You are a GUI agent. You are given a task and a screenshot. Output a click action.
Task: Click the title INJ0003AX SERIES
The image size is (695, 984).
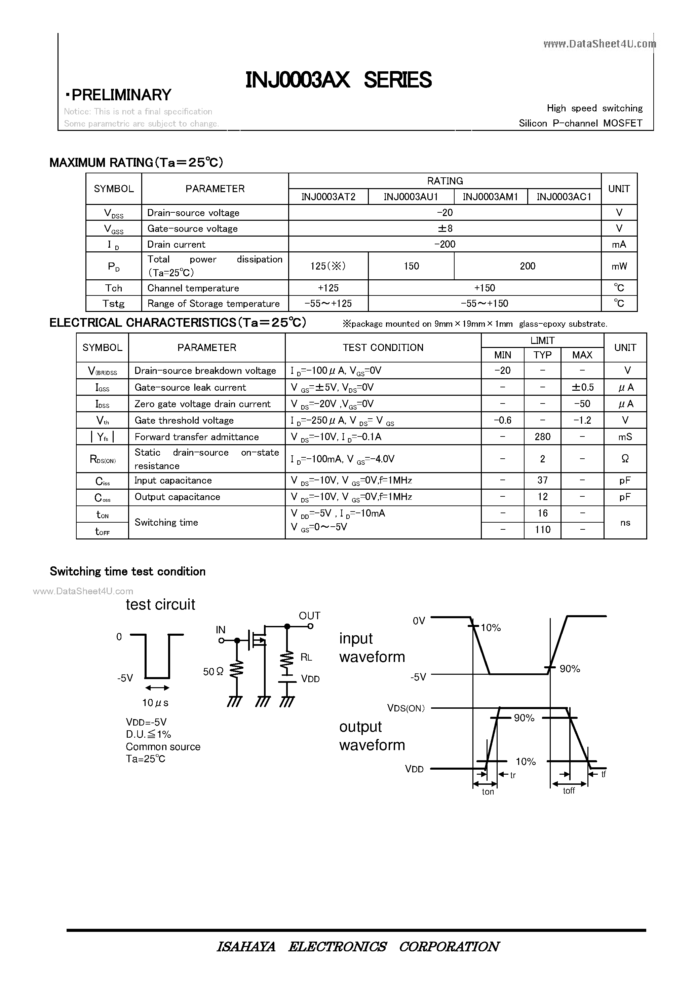pyautogui.click(x=338, y=80)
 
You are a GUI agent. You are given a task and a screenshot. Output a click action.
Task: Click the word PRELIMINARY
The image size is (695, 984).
pyautogui.click(x=121, y=95)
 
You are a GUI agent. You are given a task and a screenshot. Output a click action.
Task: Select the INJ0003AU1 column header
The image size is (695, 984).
pyautogui.click(x=411, y=197)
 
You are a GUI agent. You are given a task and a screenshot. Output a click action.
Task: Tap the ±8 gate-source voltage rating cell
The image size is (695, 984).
pyautogui.click(x=445, y=229)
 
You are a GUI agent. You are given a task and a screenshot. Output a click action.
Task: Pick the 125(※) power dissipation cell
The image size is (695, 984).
pyautogui.click(x=328, y=266)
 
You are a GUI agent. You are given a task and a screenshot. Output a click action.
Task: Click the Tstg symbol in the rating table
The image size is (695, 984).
pyautogui.click(x=113, y=304)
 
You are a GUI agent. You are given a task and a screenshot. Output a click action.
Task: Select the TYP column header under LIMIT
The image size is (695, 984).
pyautogui.click(x=542, y=355)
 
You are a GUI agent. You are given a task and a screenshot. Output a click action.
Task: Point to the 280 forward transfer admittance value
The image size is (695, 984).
pyautogui.click(x=542, y=437)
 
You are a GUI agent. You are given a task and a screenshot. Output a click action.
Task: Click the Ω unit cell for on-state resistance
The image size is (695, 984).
pyautogui.click(x=625, y=459)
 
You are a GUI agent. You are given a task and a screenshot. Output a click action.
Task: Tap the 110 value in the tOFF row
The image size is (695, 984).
pyautogui.click(x=542, y=530)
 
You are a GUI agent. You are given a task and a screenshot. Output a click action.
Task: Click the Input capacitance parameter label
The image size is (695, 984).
pyautogui.click(x=173, y=481)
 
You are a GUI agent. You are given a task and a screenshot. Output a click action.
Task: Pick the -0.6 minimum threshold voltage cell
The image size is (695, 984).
pyautogui.click(x=502, y=420)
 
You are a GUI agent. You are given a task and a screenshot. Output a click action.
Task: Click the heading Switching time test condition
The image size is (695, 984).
pyautogui.click(x=128, y=571)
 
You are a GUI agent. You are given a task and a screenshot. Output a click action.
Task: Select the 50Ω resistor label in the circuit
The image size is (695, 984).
pyautogui.click(x=213, y=672)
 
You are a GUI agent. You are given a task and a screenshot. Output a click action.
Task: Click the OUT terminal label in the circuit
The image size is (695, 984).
pyautogui.click(x=309, y=616)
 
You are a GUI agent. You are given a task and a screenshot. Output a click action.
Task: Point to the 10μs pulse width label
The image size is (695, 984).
pyautogui.click(x=155, y=703)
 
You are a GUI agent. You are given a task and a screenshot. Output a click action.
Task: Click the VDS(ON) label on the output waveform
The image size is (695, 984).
pyautogui.click(x=406, y=708)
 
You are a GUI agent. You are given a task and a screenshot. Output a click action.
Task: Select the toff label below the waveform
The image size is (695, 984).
pyautogui.click(x=569, y=791)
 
